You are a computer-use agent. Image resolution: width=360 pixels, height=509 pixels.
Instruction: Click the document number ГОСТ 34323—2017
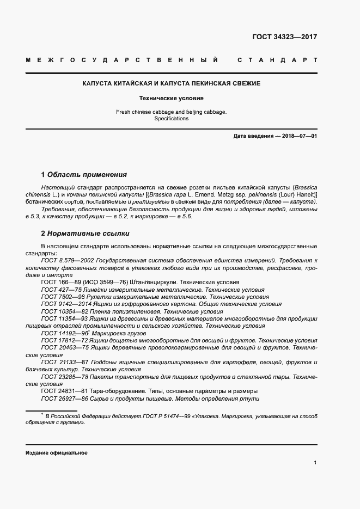(285, 38)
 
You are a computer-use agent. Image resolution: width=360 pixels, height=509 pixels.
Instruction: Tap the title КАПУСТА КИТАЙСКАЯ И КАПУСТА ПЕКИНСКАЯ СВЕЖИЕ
(171, 84)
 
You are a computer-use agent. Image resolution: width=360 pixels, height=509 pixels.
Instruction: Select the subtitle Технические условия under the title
(171, 99)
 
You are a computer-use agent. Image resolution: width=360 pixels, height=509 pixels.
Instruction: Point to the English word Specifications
(171, 119)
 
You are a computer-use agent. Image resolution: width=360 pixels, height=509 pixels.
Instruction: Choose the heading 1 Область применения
(84, 175)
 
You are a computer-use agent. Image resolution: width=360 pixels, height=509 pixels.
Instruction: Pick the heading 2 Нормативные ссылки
(85, 234)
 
